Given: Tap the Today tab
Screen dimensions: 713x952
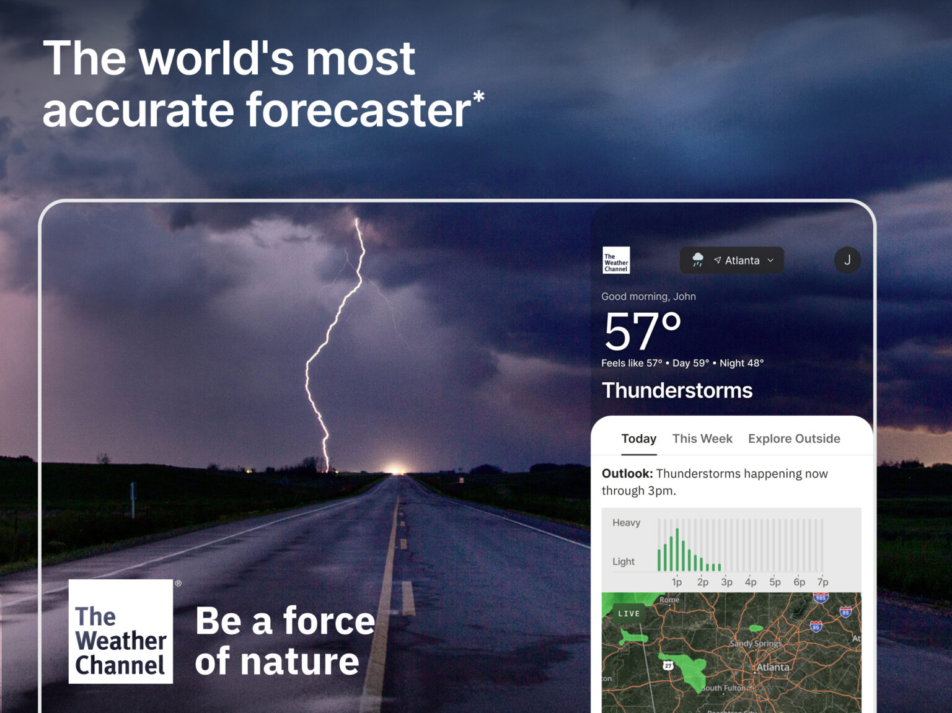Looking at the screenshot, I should (x=638, y=439).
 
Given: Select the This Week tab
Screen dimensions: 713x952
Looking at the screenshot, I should (x=702, y=439).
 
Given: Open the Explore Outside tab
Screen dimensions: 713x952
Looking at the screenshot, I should (x=794, y=439).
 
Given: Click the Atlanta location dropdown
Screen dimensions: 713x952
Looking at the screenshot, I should (x=732, y=260).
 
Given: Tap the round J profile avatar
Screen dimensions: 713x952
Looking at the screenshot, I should (x=847, y=260).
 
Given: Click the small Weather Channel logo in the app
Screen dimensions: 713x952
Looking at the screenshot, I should (x=616, y=260).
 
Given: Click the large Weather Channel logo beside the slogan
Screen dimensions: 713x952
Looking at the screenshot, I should (x=121, y=631).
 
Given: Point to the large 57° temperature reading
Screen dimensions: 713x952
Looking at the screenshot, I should (x=642, y=331).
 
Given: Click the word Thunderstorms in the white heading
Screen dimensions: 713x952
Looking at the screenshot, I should (x=677, y=390).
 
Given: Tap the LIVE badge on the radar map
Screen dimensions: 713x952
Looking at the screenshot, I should (x=628, y=613).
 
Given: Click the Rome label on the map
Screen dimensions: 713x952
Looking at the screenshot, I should (x=669, y=600).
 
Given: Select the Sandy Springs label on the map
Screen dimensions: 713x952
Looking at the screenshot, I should (x=756, y=644).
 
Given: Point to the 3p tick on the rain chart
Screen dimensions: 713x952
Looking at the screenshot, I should (x=726, y=582).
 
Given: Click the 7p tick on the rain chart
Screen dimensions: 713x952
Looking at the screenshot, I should (x=822, y=582).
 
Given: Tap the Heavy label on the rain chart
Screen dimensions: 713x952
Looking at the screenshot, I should (x=626, y=523).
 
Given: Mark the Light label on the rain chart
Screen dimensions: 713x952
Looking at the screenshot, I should (x=624, y=561).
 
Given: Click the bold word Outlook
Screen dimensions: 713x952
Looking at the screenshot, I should (x=627, y=474).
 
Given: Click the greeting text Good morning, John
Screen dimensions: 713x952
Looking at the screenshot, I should (x=648, y=297).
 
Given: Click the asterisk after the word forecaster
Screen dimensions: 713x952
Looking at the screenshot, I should (x=478, y=97).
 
